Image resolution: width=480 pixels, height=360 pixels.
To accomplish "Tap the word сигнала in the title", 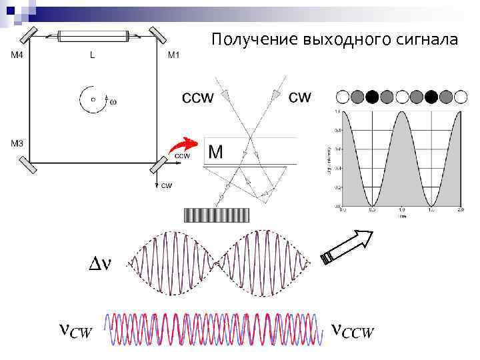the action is click(x=426, y=41).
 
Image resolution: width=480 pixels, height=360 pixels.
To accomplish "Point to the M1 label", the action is click(x=173, y=56).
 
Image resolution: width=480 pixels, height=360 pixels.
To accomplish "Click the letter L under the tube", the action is click(x=92, y=56).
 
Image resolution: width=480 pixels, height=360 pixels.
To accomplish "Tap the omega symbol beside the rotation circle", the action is click(x=112, y=102).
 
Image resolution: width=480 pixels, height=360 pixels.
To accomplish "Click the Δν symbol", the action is click(x=100, y=264).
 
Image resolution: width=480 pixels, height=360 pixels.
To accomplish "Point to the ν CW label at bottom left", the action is click(x=75, y=331).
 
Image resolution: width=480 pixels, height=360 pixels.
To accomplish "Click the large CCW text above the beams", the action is click(x=197, y=97).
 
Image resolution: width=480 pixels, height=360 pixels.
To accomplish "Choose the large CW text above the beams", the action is click(x=299, y=97).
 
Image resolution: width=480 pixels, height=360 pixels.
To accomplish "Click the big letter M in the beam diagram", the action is click(x=215, y=152).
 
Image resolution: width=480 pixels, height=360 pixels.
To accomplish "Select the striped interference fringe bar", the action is click(x=216, y=215).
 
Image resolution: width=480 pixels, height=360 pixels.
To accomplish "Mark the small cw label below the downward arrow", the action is click(x=167, y=185).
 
